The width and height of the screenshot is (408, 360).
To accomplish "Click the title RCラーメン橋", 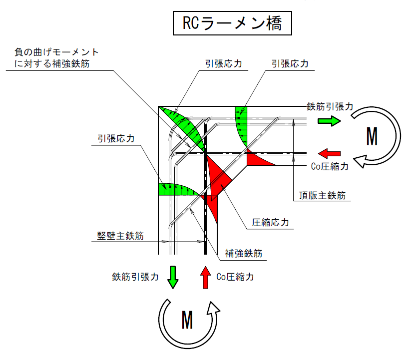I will click(x=232, y=24).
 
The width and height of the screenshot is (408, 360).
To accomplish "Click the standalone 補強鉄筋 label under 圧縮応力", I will click(x=243, y=253).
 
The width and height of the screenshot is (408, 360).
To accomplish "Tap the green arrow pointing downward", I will click(x=173, y=277).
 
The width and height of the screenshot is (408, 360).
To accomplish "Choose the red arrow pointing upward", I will click(x=205, y=277).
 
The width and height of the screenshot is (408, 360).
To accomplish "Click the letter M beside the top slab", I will click(x=372, y=136).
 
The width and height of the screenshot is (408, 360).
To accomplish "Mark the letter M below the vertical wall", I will click(x=187, y=320).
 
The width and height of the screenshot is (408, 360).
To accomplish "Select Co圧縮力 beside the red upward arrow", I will click(x=235, y=277).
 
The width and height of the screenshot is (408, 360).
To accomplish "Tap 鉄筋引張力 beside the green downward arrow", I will click(x=135, y=277).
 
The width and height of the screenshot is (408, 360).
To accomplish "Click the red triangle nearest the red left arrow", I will click(x=257, y=159).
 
